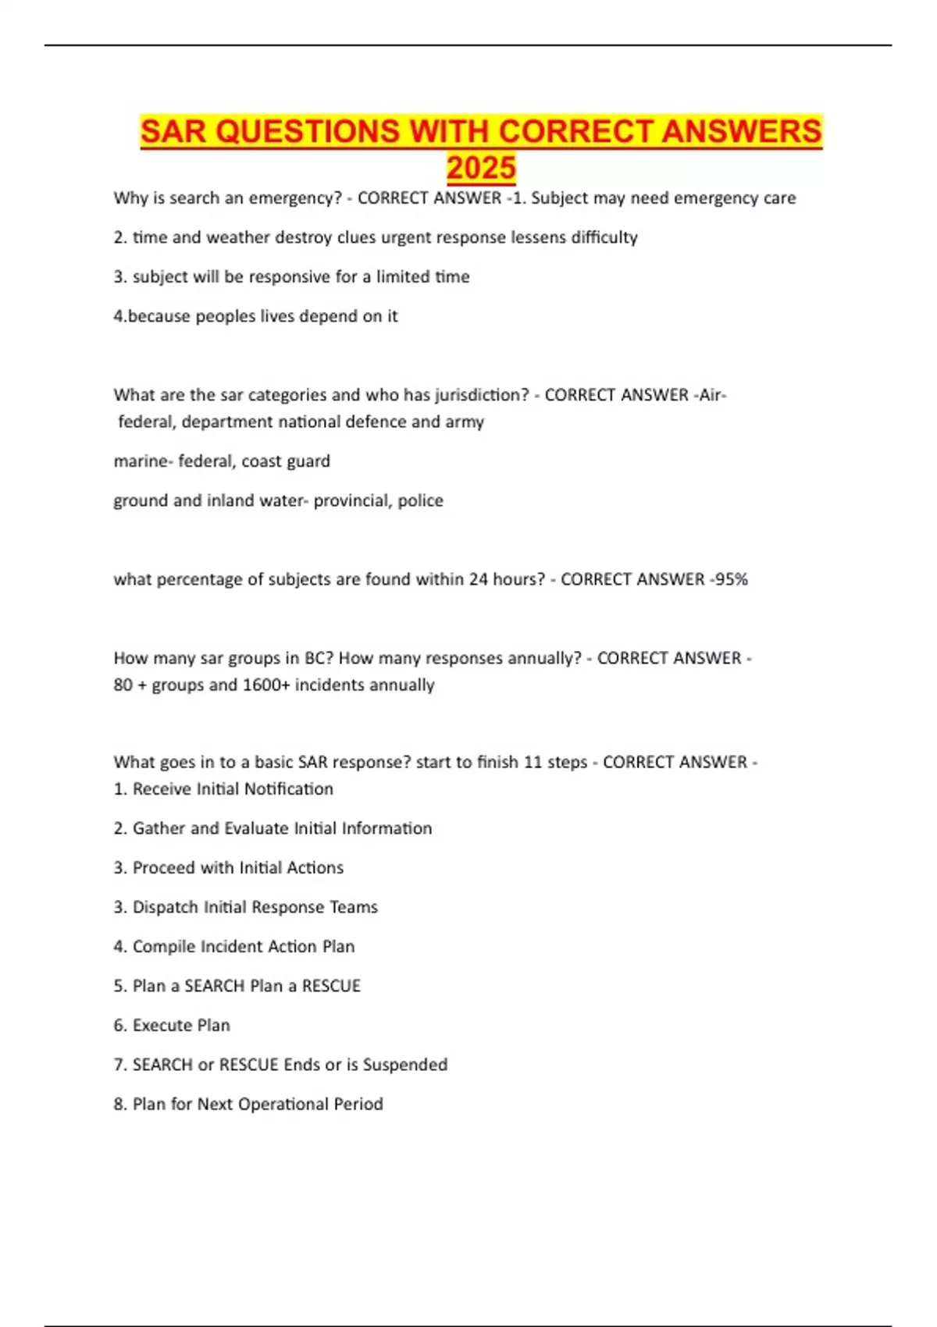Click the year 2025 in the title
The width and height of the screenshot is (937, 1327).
click(x=481, y=168)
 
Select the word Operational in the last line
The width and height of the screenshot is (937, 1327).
click(x=283, y=1104)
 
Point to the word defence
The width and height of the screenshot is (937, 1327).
click(x=377, y=422)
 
